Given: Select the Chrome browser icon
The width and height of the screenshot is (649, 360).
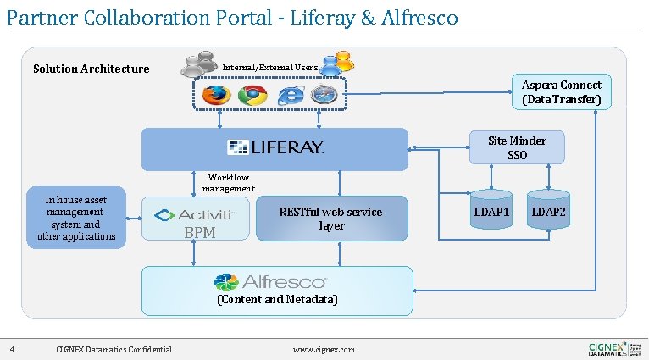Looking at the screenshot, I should [x=252, y=95].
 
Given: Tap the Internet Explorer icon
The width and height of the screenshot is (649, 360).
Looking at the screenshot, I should [x=289, y=95].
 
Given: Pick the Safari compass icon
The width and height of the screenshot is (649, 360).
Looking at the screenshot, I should [x=324, y=95].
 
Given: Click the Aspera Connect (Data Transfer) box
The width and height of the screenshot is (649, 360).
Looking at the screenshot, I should [x=561, y=92].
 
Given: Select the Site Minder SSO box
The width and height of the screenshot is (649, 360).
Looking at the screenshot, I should [x=517, y=147].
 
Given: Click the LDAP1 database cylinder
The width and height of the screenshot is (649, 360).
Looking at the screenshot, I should [x=491, y=212].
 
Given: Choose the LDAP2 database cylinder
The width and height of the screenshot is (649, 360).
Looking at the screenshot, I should [x=548, y=212].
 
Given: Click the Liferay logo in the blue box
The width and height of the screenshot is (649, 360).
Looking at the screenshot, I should [x=275, y=148].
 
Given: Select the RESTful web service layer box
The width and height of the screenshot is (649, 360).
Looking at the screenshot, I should [x=331, y=219].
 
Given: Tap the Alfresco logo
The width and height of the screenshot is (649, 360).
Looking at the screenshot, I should [x=270, y=281].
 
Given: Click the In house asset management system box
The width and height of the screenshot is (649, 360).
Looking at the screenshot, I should [x=76, y=218].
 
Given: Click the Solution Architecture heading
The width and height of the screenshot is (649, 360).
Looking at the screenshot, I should [x=91, y=69].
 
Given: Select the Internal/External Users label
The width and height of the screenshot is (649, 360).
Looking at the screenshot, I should [x=269, y=67].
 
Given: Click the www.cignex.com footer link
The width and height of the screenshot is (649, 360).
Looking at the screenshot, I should [x=324, y=349].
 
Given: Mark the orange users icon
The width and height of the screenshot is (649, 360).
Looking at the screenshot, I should [x=341, y=61].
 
